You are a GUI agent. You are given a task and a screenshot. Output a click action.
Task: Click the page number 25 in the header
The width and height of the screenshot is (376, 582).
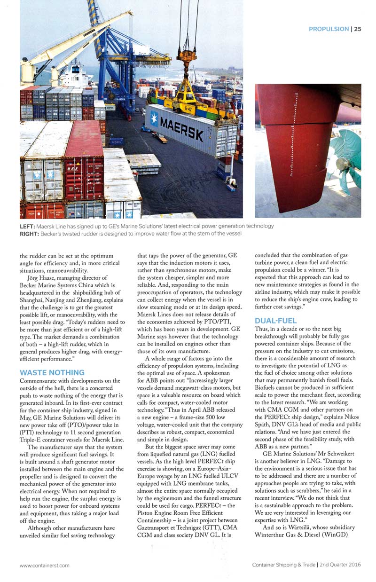point(358,29)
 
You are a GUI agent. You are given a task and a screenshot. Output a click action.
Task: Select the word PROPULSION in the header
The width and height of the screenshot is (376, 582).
point(329,29)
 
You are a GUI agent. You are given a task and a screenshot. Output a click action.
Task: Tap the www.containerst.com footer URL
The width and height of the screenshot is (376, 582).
point(45,566)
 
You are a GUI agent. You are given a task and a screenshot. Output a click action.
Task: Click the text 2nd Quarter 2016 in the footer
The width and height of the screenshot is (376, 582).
point(341,566)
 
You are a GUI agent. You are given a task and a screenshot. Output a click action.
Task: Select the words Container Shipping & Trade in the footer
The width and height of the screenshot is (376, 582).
point(283,566)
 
